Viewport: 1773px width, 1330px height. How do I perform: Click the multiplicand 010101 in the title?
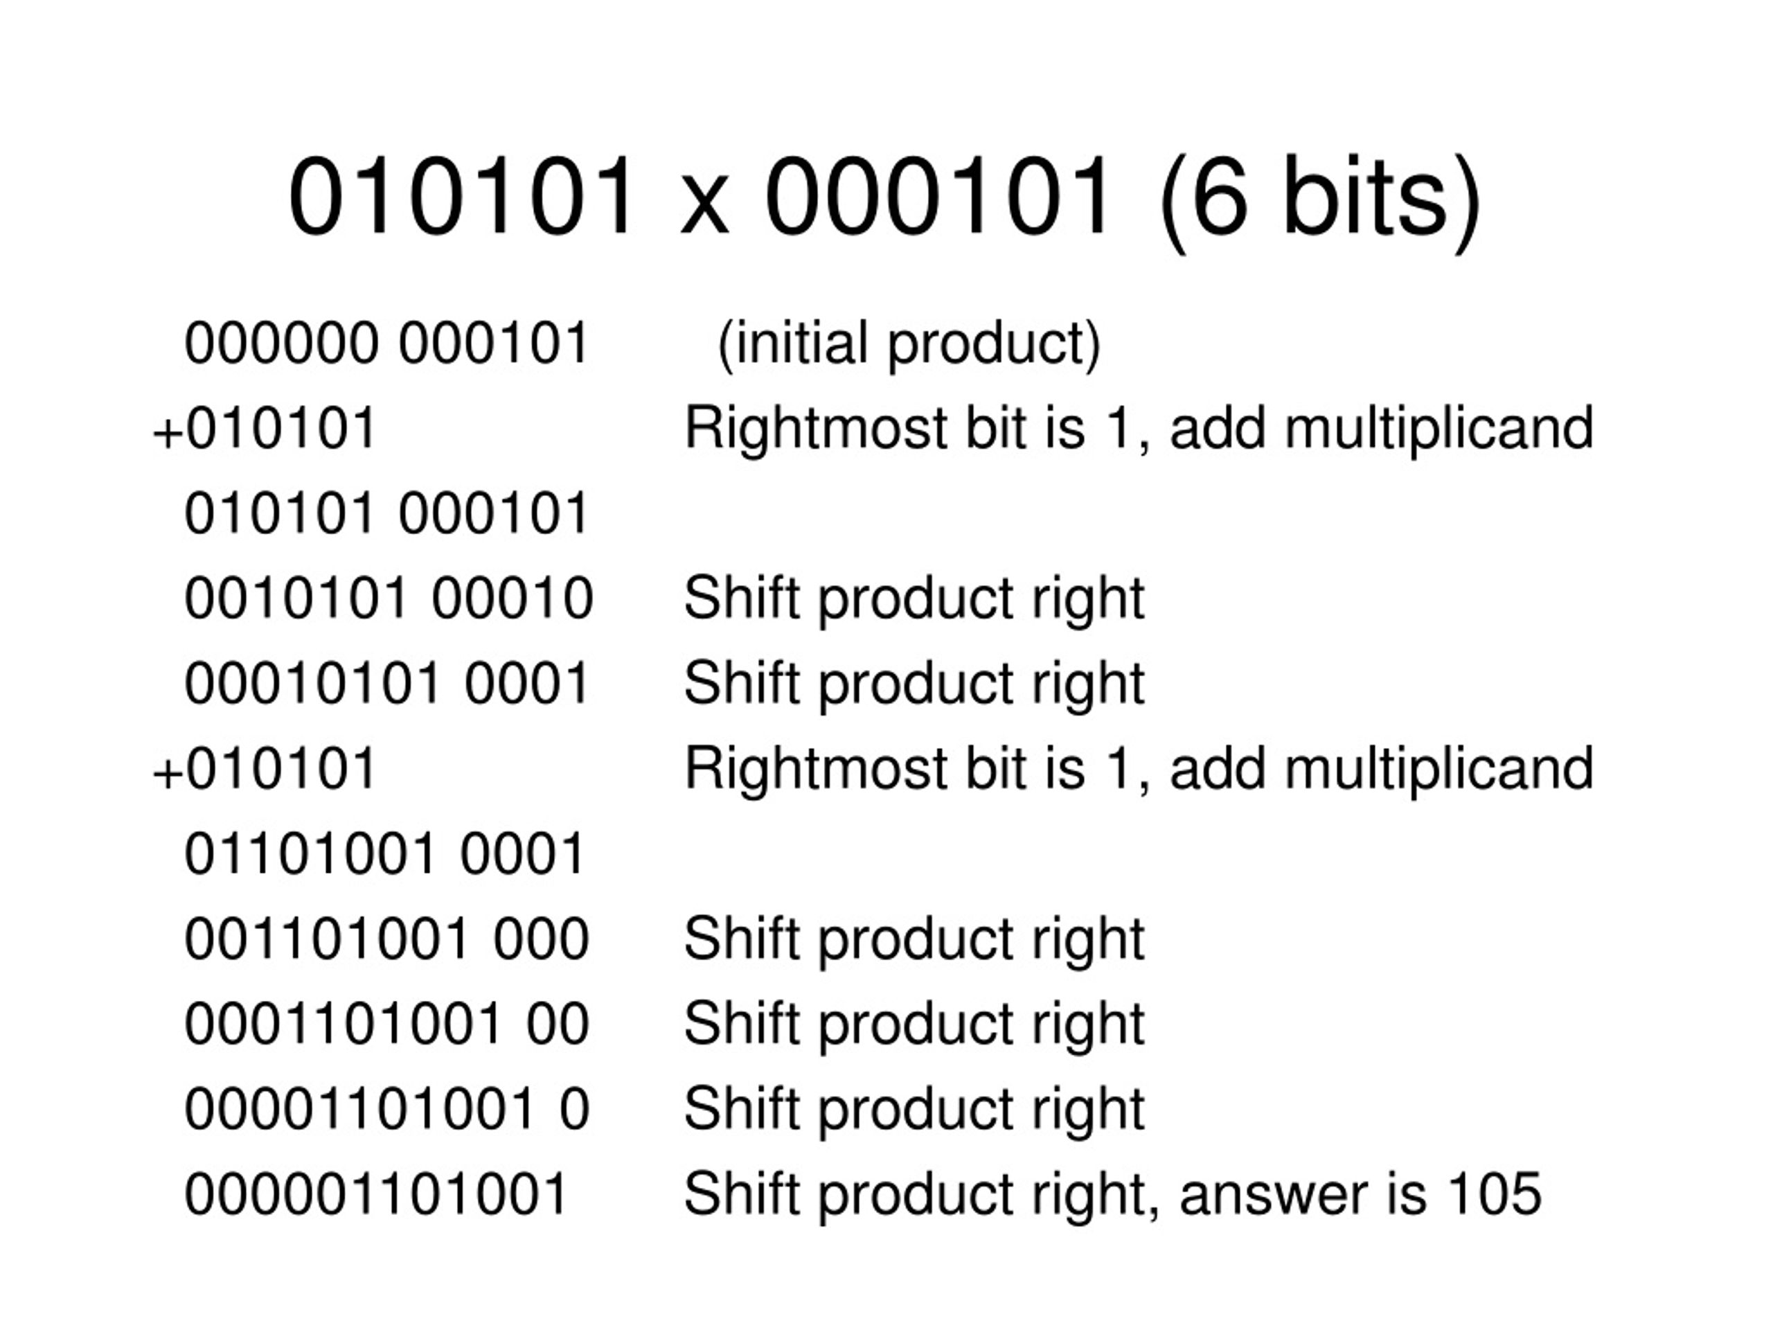coord(463,197)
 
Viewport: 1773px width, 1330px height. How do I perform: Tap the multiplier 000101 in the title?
coord(938,197)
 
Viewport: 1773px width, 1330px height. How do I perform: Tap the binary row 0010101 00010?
coord(388,598)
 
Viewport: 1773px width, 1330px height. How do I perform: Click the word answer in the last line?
coord(1303,1198)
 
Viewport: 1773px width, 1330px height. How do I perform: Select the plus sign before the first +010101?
coord(168,434)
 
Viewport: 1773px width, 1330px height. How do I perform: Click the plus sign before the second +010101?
coord(168,774)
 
